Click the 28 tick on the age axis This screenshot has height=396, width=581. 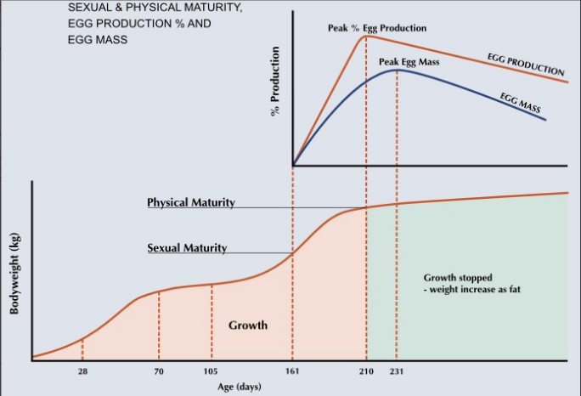pos(82,372)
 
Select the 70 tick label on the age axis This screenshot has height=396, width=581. pos(159,372)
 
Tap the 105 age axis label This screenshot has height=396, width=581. pos(212,372)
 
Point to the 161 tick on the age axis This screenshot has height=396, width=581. pos(293,372)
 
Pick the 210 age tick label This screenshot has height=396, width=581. pos(367,372)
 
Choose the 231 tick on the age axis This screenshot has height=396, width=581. pos(397,372)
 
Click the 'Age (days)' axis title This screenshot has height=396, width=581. pos(240,387)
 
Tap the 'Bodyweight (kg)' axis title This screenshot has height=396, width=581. pos(14,273)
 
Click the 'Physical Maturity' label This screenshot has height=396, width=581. pos(191,203)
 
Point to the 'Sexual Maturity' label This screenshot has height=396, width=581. pos(187,248)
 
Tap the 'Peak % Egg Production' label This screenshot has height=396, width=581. pos(377,28)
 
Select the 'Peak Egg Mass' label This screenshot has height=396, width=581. pos(409,62)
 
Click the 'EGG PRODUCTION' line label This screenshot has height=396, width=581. pos(527,64)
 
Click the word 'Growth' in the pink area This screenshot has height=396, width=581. pos(248,325)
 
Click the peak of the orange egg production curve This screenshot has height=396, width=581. pos(366,36)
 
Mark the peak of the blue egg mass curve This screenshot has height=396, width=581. pos(397,70)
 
